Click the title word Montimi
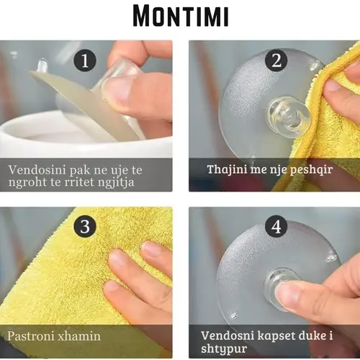[x=181, y=16]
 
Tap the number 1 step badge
[x=85, y=60]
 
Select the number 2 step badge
[x=276, y=60]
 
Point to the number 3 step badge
[x=85, y=226]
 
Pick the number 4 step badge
[x=276, y=226]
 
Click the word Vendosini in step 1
[x=37, y=170]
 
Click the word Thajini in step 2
[x=227, y=169]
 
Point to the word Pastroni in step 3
[x=30, y=336]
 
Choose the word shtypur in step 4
[x=224, y=348]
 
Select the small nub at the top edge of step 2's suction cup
[x=315, y=64]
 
